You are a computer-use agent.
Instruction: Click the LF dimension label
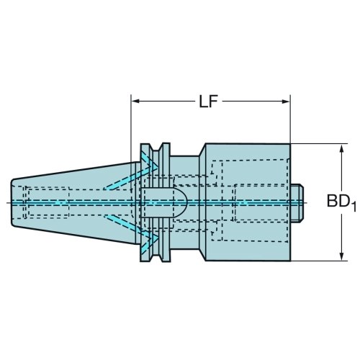point(208,102)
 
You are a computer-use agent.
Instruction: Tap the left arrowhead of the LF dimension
point(135,101)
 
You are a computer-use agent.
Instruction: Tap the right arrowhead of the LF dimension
point(286,102)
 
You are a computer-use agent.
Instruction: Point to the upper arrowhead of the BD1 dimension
point(342,148)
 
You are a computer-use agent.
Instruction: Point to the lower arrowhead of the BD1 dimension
point(342,256)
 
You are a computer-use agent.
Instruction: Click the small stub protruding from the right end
point(297,203)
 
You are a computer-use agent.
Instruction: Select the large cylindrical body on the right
point(248,202)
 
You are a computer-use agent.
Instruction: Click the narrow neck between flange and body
point(185,202)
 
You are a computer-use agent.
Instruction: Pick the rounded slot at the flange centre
point(163,202)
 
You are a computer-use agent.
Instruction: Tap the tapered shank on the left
point(74,203)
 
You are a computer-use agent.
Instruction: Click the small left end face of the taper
point(12,202)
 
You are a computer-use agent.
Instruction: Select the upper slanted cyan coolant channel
point(131,177)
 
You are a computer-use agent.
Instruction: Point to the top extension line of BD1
point(319,144)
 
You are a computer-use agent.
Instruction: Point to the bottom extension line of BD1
point(319,261)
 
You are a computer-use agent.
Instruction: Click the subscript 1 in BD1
point(354,207)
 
